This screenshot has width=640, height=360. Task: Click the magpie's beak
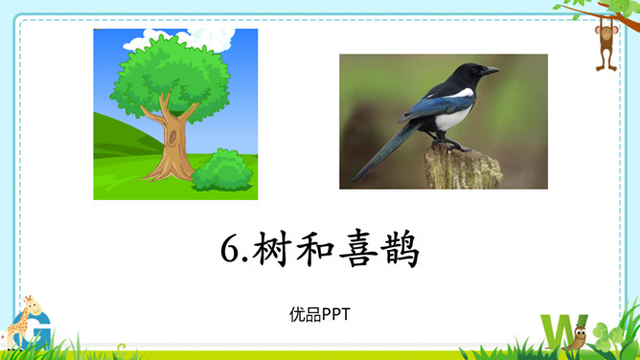tap(492, 71)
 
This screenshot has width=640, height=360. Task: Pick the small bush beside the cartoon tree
tap(221, 171)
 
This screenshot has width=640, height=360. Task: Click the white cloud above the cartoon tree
tap(193, 38)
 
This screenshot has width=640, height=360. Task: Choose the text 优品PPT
tap(319, 313)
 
